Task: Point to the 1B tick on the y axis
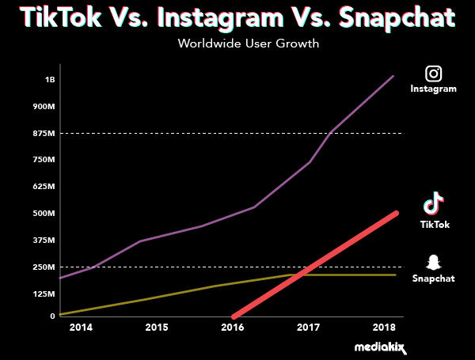[50, 79]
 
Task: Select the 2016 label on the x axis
[232, 327]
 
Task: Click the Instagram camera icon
[433, 74]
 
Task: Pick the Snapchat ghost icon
[433, 262]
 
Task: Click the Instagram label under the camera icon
[433, 89]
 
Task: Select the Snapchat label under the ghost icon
[434, 279]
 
